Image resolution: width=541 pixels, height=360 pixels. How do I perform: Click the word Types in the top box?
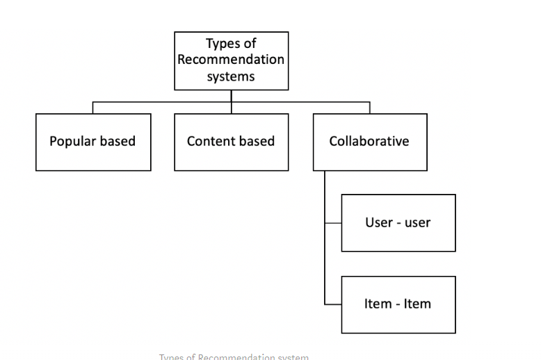pyautogui.click(x=221, y=44)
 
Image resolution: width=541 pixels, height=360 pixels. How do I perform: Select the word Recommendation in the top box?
pyautogui.click(x=231, y=60)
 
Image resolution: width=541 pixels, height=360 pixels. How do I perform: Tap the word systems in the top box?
pyautogui.click(x=231, y=76)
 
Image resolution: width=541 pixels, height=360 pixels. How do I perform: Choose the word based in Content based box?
pyautogui.click(x=259, y=141)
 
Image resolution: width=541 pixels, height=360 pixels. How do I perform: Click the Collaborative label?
pyautogui.click(x=369, y=141)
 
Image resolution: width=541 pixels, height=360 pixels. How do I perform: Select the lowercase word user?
pyautogui.click(x=417, y=222)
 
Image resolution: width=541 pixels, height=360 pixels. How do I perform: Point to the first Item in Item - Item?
pyautogui.click(x=378, y=304)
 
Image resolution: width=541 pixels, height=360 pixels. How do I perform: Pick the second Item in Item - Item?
pyautogui.click(x=418, y=304)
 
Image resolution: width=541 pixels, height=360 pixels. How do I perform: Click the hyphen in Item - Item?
pyautogui.click(x=398, y=304)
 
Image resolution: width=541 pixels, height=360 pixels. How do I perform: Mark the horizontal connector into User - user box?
pyautogui.click(x=333, y=224)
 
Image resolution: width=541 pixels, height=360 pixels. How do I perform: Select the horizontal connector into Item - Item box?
pyautogui.click(x=333, y=304)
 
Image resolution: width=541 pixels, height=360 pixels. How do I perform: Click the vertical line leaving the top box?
pyautogui.click(x=232, y=96)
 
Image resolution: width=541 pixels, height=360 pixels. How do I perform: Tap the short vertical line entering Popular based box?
pyautogui.click(x=93, y=108)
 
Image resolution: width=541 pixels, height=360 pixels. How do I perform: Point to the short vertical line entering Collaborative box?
pyautogui.click(x=369, y=108)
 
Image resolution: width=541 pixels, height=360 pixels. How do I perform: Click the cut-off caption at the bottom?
pyautogui.click(x=234, y=357)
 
